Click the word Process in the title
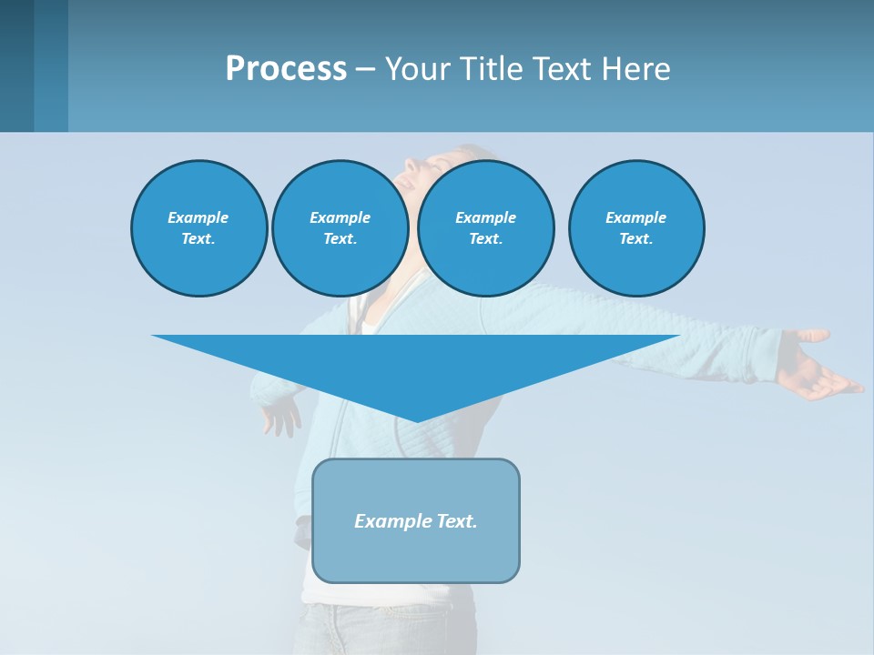[286, 69]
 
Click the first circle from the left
[199, 228]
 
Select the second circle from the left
[340, 228]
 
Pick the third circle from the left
[486, 228]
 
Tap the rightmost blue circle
[636, 228]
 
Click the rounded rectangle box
[416, 520]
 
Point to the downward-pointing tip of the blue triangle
[416, 419]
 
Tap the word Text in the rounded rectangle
[457, 521]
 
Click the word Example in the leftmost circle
[198, 217]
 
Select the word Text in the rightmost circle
[635, 239]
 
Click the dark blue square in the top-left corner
[17, 65]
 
